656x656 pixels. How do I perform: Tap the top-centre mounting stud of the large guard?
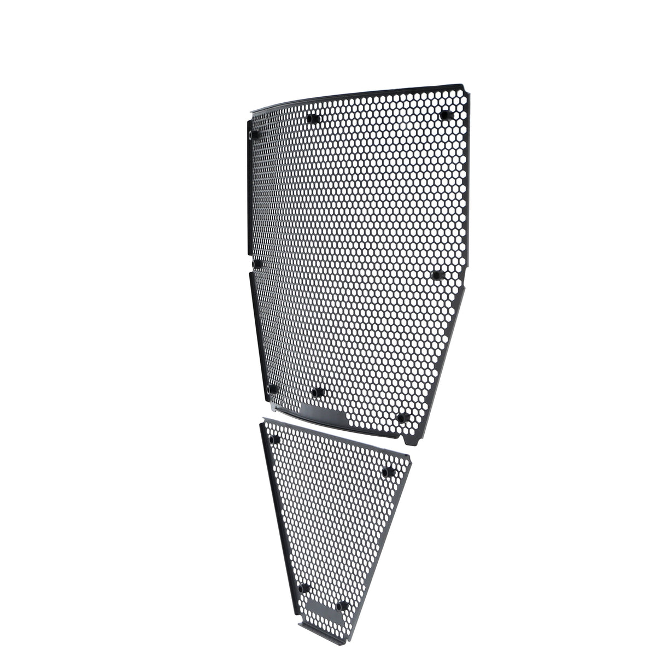pos(313,119)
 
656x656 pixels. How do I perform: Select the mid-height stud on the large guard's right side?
pos(437,274)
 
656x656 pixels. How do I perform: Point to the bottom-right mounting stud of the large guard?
pos(403,418)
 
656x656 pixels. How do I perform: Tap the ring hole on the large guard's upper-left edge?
pos(251,134)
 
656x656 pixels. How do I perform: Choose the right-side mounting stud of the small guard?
pos(389,471)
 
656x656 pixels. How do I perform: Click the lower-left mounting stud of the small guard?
pos(304,587)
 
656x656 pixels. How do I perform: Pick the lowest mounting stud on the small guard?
pos(343,605)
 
